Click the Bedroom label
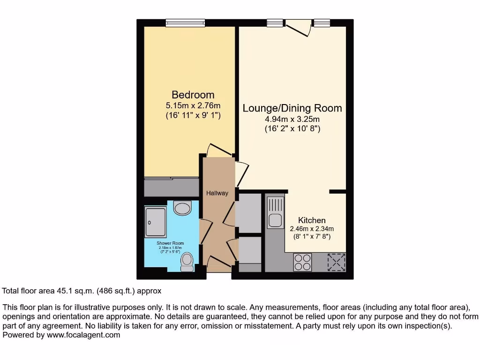pos(193,95)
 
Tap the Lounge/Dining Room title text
pos(292,108)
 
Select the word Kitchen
pos(312,220)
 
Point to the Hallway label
pos(217,193)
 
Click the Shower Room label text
pos(170,243)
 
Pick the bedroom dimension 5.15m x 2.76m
pos(193,105)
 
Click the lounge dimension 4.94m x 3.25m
pos(292,119)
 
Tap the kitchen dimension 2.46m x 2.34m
pos(312,229)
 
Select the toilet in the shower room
pos(187,262)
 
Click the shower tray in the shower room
pos(155,222)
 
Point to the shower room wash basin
pos(182,207)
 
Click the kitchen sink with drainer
pos(275,212)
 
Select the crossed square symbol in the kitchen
pos(336,261)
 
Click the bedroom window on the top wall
pos(185,22)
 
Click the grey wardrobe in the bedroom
pos(171,187)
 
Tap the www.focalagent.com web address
pos(84,335)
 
